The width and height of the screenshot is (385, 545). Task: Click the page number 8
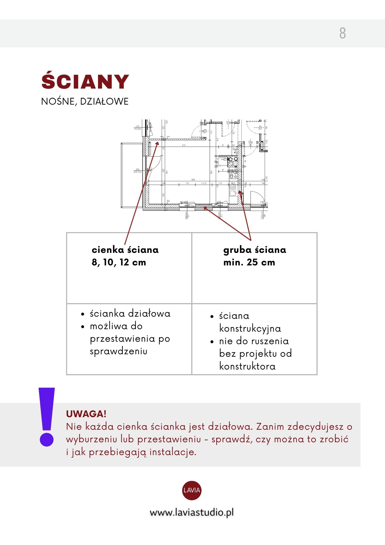tap(343, 33)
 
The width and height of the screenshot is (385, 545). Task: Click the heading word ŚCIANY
tap(85, 81)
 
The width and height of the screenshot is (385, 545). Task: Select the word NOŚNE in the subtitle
tap(57, 101)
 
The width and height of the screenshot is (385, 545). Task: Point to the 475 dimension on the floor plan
tap(184, 145)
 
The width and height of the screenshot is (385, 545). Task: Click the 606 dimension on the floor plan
tap(193, 180)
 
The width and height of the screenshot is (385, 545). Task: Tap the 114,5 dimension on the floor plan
tap(203, 183)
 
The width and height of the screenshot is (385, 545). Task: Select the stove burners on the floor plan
tap(233, 174)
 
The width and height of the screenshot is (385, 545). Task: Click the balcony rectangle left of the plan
tap(132, 175)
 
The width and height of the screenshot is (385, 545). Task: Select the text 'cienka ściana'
tap(125, 250)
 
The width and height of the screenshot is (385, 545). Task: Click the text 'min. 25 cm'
tap(249, 262)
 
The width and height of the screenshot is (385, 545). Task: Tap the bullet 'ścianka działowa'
tap(130, 314)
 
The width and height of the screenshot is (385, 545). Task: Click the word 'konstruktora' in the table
tap(247, 366)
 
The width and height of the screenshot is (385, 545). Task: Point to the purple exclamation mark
tap(47, 417)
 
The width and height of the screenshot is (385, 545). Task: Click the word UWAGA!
tap(86, 414)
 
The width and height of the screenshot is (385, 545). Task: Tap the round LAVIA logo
tap(192, 490)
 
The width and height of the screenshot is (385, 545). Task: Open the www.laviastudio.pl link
tap(192, 513)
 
